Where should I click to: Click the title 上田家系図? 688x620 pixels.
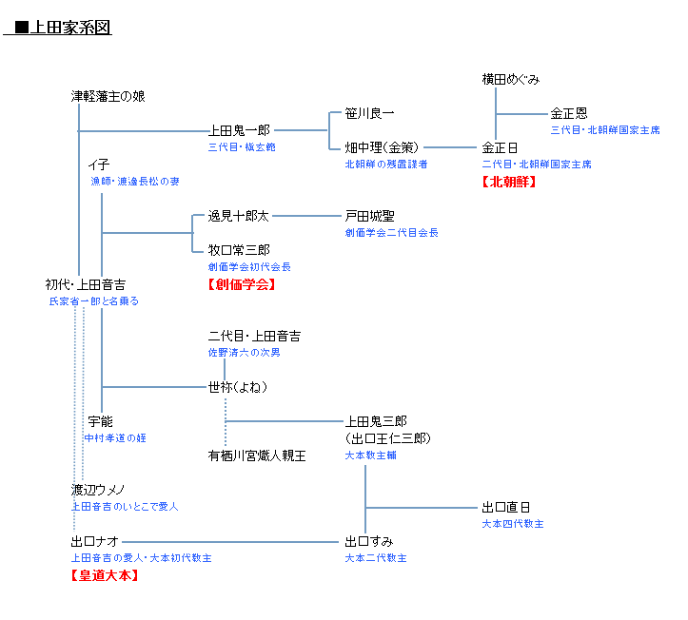(63, 28)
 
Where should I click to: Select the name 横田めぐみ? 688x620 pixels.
(511, 79)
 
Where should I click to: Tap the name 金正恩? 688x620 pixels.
(569, 113)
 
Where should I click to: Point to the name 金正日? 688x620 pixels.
(501, 147)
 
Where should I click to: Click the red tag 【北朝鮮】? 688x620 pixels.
(509, 181)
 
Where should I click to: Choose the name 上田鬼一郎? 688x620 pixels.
(239, 130)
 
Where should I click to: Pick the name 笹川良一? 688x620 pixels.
(369, 113)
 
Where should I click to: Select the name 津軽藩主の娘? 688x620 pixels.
(108, 96)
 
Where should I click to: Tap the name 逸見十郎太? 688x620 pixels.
(239, 216)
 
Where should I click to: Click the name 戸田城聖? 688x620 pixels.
(369, 216)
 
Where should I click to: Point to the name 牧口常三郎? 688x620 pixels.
(239, 250)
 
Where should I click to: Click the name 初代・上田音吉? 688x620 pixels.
(86, 284)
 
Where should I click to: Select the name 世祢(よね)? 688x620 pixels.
(238, 387)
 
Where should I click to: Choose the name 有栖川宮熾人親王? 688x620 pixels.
(257, 455)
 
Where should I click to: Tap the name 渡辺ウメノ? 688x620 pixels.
(98, 490)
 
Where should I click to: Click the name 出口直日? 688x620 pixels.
(506, 507)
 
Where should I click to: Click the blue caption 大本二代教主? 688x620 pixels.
(376, 558)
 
